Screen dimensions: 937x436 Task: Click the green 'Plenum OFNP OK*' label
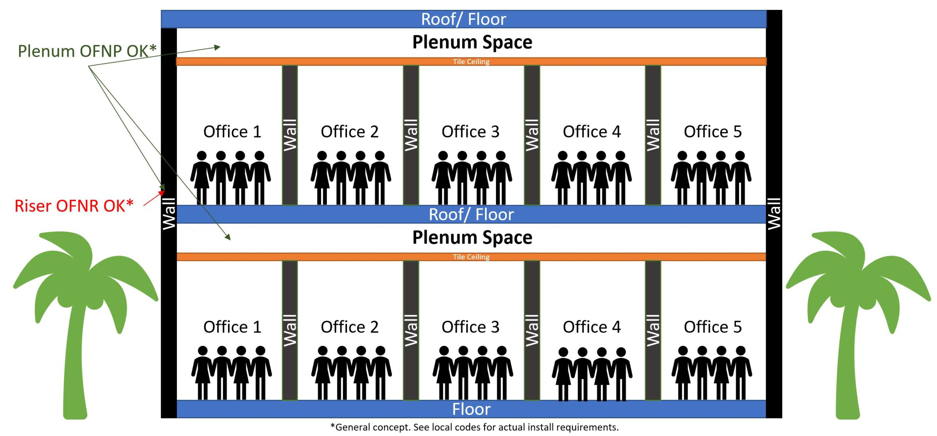pos(87,51)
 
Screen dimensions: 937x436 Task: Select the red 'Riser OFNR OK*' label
pos(74,206)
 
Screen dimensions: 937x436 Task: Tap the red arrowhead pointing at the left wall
pos(162,193)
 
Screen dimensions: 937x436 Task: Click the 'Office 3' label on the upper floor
pos(470,131)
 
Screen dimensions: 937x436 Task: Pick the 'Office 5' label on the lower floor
pos(713,327)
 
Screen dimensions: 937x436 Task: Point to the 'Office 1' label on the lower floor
pos(232,327)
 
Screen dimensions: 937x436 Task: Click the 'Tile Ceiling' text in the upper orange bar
pos(471,62)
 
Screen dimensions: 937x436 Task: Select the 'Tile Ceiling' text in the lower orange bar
pos(471,257)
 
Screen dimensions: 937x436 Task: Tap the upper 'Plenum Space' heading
pos(472,42)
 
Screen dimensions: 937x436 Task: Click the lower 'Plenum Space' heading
pos(472,238)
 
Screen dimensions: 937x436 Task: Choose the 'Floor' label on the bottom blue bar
pos(471,409)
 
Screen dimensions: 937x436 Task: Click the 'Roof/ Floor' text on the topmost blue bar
pos(463,19)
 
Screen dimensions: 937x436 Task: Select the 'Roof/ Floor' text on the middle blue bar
pos(471,215)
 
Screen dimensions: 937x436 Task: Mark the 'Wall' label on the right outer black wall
pos(774,214)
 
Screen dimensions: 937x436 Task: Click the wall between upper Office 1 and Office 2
pos(290,135)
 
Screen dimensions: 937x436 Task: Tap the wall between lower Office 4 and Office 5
pos(653,330)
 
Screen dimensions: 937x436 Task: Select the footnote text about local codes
pos(474,427)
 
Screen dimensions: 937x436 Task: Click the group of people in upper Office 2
pos(351,178)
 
